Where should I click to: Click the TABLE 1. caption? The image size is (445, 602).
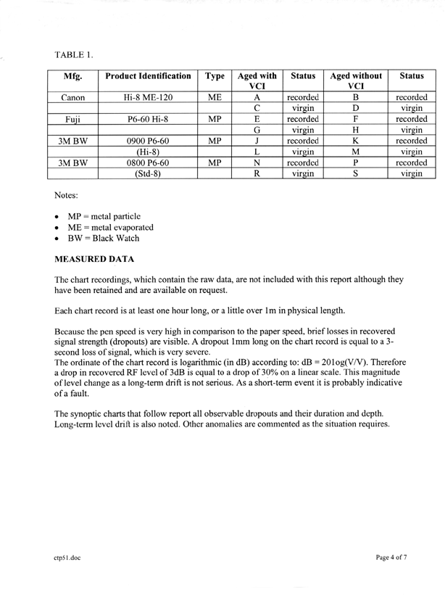click(x=74, y=54)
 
